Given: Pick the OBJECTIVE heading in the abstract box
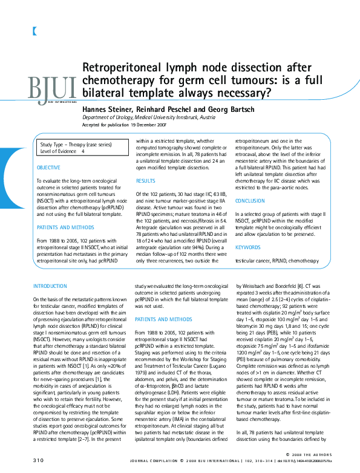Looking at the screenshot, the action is click(x=48, y=167).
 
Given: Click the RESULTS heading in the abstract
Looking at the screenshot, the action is click(x=145, y=181).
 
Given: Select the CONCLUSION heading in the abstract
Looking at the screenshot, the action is click(x=250, y=200).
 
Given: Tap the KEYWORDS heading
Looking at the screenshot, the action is click(x=247, y=247).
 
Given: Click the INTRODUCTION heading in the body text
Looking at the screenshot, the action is click(x=50, y=285).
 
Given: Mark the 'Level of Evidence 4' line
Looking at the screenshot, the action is click(x=62, y=152).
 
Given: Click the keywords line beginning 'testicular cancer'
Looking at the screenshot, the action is click(x=268, y=261).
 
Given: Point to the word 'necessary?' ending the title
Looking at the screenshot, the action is click(x=246, y=93).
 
